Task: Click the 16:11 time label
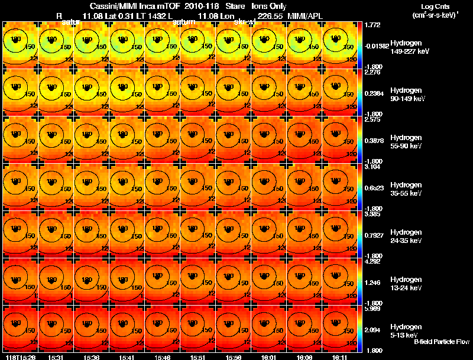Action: [338, 357]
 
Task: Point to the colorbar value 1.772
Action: [374, 25]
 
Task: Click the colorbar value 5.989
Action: [374, 309]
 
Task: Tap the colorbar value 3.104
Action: [374, 167]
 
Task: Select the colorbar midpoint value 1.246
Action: [374, 283]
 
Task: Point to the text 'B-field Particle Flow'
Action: [441, 342]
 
